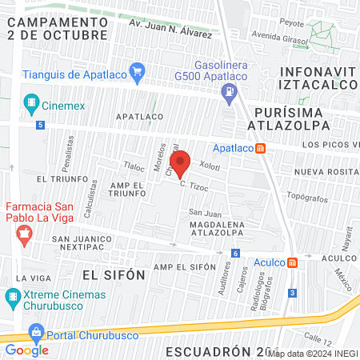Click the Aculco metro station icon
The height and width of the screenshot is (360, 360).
click(294, 262)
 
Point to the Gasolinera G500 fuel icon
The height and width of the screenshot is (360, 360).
click(230, 91)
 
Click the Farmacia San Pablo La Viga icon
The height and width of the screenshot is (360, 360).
click(23, 235)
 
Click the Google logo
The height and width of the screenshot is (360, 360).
click(27, 350)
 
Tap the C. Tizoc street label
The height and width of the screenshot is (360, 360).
click(194, 185)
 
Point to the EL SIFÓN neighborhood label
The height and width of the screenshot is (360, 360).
click(113, 274)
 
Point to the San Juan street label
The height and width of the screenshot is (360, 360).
click(204, 212)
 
